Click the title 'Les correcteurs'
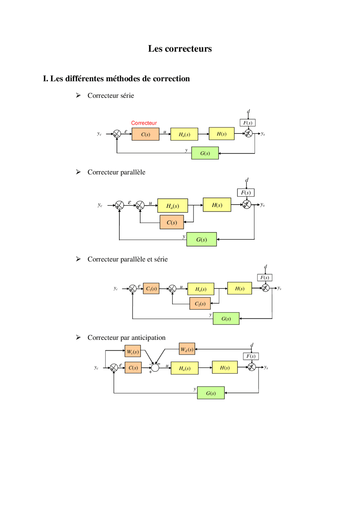[180, 49]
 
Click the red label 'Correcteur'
[144, 123]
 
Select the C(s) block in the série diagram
[145, 134]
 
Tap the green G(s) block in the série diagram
[205, 153]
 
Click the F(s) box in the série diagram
[247, 123]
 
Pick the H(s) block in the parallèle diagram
[217, 205]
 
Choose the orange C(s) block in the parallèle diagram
[172, 222]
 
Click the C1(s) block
[151, 289]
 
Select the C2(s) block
[200, 304]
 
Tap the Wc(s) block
[133, 351]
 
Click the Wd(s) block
[187, 349]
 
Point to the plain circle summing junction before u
[155, 368]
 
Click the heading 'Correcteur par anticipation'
[126, 338]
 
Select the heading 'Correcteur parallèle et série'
[127, 259]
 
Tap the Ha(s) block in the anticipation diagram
[184, 368]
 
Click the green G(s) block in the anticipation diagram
[211, 393]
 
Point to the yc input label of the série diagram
[99, 134]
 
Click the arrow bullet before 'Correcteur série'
[78, 96]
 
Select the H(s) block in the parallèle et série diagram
[239, 288]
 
